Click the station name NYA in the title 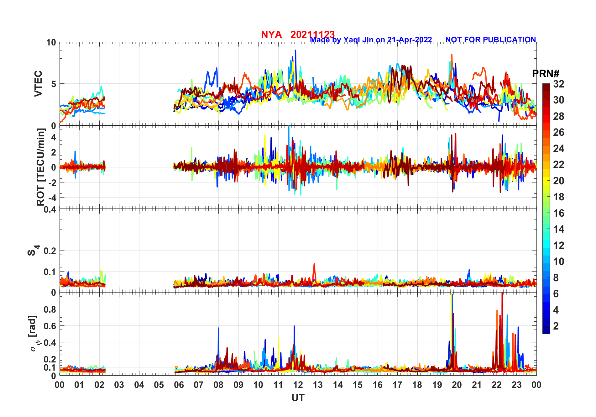(x=271, y=34)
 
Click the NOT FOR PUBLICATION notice (x=490, y=40)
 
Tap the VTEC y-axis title (x=38, y=84)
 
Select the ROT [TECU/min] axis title (x=40, y=167)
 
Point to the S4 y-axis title (x=33, y=251)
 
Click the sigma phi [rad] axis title (x=34, y=334)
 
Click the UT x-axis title (x=298, y=398)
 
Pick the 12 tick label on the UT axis (x=298, y=385)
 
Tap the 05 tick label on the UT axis (x=159, y=385)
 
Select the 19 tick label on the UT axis (x=437, y=385)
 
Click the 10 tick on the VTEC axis (x=51, y=42)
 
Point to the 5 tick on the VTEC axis (x=54, y=84)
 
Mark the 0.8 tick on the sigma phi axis (x=50, y=309)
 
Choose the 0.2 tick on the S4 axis (x=50, y=251)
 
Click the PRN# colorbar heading (x=546, y=74)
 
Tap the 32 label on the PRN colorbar (x=558, y=84)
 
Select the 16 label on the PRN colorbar (x=558, y=213)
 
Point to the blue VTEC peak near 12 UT (x=295, y=51)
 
